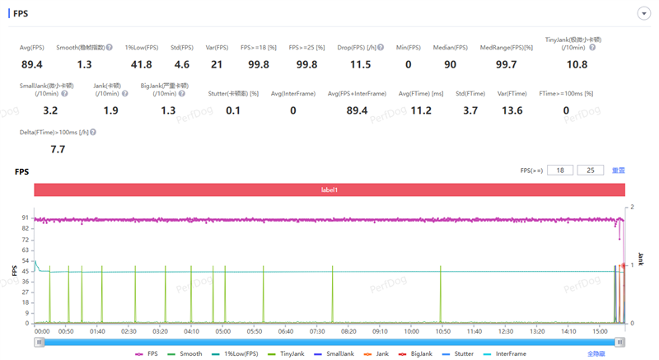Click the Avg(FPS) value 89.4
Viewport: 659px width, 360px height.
32,63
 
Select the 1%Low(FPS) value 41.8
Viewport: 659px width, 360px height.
141,63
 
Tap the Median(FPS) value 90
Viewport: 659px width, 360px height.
451,63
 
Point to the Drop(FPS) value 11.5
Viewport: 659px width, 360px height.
360,63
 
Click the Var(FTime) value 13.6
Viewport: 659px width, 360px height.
512,110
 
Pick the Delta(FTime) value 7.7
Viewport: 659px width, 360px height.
58,149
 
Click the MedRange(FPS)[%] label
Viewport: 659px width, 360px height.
507,48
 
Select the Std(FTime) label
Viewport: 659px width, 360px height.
468,94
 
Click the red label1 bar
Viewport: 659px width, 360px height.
329,189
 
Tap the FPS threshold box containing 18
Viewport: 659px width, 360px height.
561,170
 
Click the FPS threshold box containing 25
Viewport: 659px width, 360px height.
590,170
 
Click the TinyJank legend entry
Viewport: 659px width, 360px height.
287,353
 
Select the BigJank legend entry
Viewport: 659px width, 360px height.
418,353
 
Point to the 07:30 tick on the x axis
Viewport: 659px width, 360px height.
317,331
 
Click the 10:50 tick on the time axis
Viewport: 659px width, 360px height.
443,331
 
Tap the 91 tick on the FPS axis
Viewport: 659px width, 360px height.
27,217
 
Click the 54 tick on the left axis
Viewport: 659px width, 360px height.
27,260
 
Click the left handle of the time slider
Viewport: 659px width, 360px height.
38,342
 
